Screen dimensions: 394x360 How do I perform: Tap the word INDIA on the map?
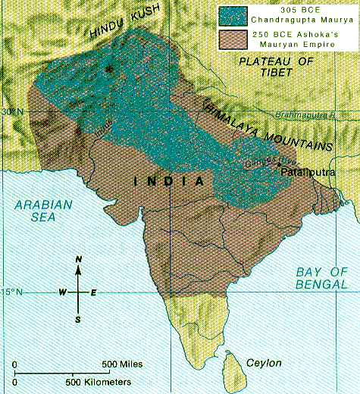pyautogui.click(x=170, y=182)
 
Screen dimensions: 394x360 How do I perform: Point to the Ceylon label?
pyautogui.click(x=263, y=363)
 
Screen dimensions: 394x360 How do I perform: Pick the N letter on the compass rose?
pyautogui.click(x=79, y=261)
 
